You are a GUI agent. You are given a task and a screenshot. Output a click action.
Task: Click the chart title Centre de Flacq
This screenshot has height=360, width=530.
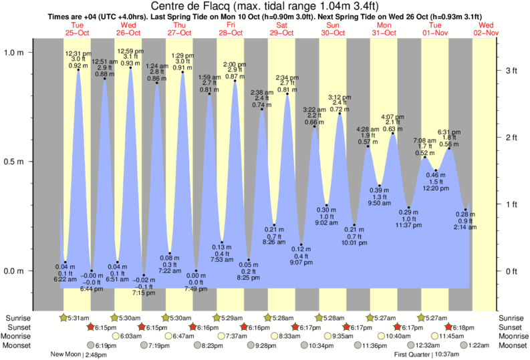pos(265,7)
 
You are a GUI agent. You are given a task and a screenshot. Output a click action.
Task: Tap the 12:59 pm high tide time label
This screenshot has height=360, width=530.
pos(130,51)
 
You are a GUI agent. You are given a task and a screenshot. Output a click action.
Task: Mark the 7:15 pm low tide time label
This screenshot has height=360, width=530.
pos(144,293)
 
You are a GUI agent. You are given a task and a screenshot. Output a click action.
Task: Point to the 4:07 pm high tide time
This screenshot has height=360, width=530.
pos(392,117)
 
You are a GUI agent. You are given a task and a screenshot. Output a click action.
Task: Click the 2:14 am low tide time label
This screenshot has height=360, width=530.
pos(466,227)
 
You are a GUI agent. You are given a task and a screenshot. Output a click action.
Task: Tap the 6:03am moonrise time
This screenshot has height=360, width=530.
pos(131,336)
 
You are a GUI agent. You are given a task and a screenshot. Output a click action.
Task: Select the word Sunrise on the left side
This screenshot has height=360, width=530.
pos(18,319)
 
